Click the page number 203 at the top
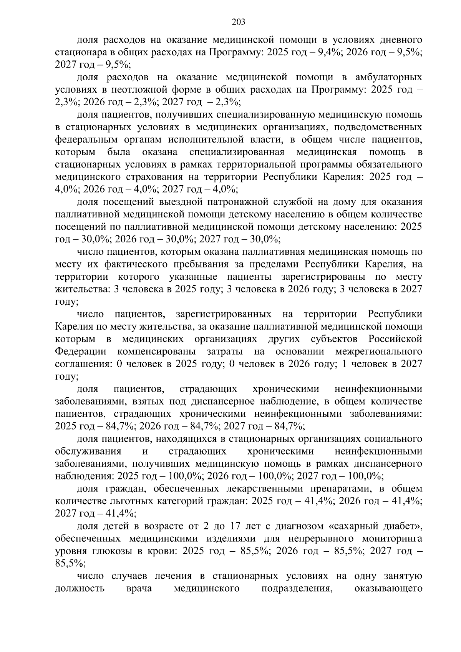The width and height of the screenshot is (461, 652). tap(239, 22)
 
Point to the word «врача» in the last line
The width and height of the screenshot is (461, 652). tap(139, 588)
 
